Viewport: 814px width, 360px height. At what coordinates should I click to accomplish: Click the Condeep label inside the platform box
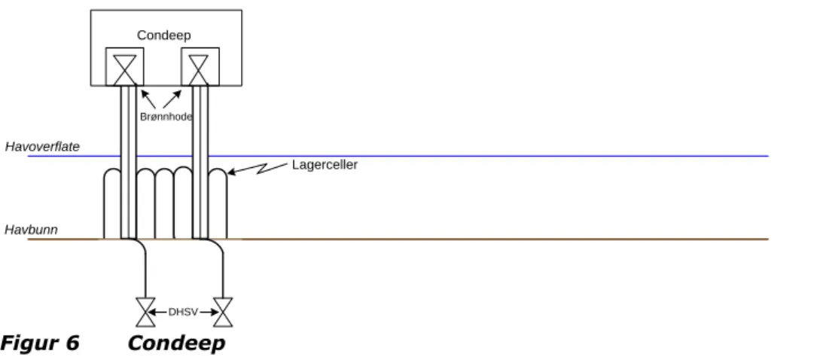(164, 35)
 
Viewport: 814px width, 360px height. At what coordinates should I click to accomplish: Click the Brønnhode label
(166, 117)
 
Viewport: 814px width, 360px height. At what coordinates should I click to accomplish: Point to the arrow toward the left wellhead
(148, 99)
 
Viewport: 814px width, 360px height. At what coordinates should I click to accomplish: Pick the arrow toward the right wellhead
(173, 99)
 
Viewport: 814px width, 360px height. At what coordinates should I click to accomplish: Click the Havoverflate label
(42, 147)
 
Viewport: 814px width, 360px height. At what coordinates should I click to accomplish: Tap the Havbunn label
(31, 230)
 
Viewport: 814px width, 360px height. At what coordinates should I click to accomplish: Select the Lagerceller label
(325, 165)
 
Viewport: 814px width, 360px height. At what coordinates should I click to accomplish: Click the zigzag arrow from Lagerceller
(258, 168)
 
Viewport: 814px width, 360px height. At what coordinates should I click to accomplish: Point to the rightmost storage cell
(218, 203)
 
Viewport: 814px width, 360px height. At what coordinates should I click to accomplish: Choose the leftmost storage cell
(112, 203)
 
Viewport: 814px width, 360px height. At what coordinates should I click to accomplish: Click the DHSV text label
(183, 313)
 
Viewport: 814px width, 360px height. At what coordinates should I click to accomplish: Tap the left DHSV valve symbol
(145, 313)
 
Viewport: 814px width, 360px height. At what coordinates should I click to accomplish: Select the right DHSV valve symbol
(223, 313)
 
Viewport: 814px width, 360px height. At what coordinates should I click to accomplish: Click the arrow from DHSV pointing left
(158, 313)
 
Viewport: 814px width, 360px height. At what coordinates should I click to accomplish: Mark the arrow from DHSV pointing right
(209, 313)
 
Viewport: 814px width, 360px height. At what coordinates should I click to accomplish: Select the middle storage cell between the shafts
(164, 203)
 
